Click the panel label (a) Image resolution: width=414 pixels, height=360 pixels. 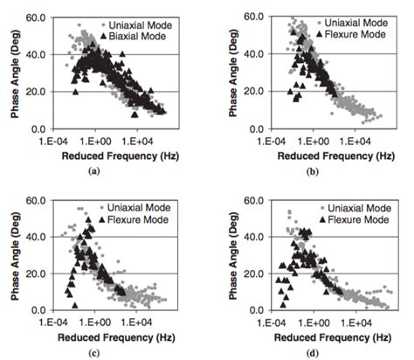(105, 172)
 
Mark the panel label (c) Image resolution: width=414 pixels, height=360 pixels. (105, 354)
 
